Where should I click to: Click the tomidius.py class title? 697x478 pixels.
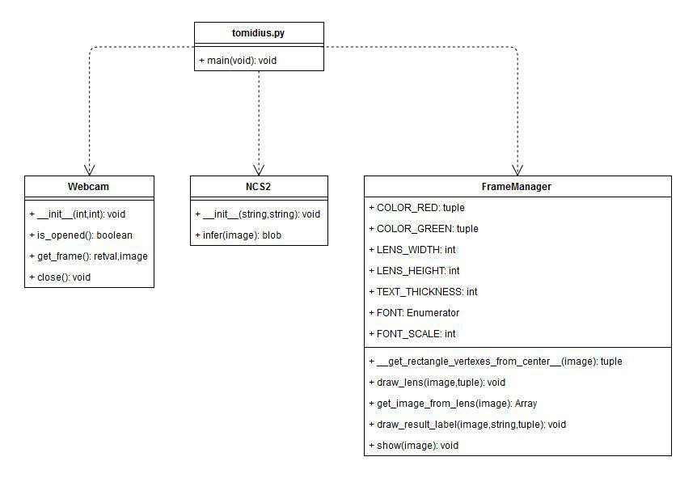click(259, 32)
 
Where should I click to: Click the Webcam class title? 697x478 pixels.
click(89, 186)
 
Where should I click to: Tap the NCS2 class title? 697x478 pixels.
click(259, 186)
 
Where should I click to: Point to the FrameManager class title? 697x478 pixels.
click(517, 186)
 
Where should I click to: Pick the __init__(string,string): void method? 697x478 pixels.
click(257, 214)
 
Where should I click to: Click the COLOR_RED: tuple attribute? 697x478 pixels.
click(416, 208)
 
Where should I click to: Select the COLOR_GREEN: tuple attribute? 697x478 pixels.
click(423, 229)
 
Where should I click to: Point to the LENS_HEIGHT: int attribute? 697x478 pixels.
click(414, 271)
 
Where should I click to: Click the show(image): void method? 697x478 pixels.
click(412, 446)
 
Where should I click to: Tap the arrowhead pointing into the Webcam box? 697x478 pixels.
click(89, 169)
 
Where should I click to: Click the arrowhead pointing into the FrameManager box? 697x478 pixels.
click(517, 169)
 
